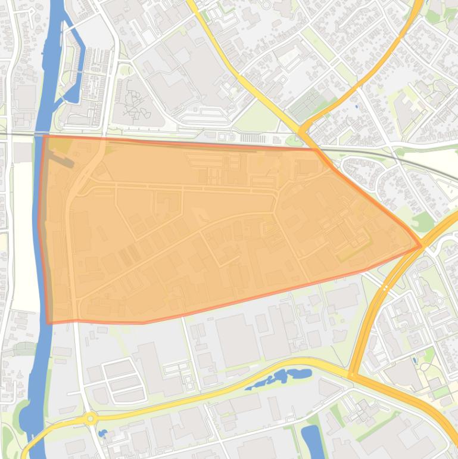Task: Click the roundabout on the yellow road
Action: [91, 418]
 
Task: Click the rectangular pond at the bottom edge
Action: [311, 441]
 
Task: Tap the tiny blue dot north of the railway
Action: [357, 107]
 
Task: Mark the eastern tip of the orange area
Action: [421, 246]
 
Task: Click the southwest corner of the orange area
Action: [49, 323]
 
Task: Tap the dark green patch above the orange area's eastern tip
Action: [423, 221]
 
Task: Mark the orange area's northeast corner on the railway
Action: [316, 148]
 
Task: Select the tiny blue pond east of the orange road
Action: [415, 361]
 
